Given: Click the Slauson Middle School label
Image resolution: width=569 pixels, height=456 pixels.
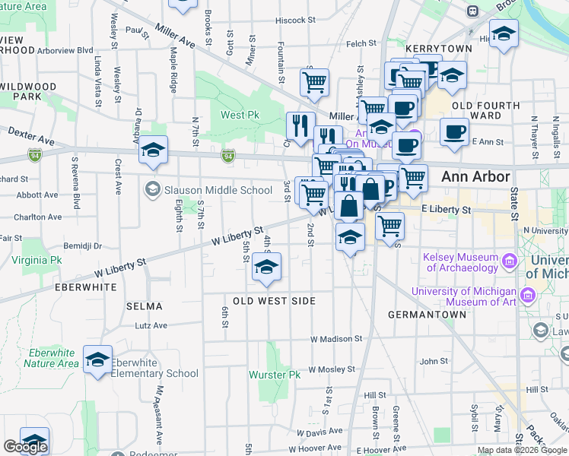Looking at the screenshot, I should pyautogui.click(x=218, y=190).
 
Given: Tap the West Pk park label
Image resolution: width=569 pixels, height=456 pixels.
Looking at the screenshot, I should pyautogui.click(x=240, y=115).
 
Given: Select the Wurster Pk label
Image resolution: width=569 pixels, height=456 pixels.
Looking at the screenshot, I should pyautogui.click(x=275, y=375).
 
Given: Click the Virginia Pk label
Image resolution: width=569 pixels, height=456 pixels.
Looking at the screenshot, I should pyautogui.click(x=37, y=259).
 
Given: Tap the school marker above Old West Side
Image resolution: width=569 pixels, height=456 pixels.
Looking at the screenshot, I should pyautogui.click(x=266, y=268).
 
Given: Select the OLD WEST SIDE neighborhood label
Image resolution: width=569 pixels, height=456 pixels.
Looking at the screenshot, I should pyautogui.click(x=274, y=301).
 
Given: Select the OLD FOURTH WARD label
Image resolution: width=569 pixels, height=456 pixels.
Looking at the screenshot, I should pyautogui.click(x=486, y=111).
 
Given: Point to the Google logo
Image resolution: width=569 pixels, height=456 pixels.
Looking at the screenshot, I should pyautogui.click(x=25, y=447).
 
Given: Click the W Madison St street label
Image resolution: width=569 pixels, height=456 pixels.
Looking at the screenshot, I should pyautogui.click(x=336, y=339).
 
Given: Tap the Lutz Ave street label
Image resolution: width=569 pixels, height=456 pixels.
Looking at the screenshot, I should pyautogui.click(x=151, y=325).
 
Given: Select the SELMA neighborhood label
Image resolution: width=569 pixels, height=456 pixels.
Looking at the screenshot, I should pyautogui.click(x=145, y=306).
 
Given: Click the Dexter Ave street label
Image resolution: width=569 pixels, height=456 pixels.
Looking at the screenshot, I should pyautogui.click(x=31, y=137).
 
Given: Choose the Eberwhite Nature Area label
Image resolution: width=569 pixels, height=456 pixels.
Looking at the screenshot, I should pyautogui.click(x=51, y=358).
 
